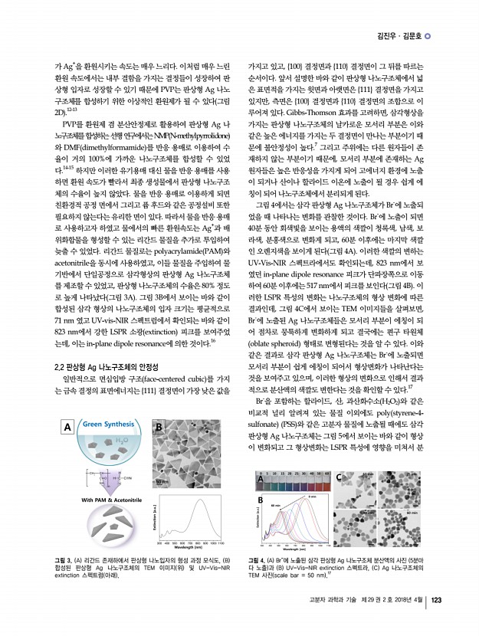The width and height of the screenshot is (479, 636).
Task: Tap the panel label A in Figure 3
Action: pyautogui.click(x=67, y=426)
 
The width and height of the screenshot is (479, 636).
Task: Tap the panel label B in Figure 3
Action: pyautogui.click(x=159, y=427)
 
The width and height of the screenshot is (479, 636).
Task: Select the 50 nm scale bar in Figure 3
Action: pyautogui.click(x=162, y=480)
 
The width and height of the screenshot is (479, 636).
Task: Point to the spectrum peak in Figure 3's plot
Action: pyautogui.click(x=202, y=502)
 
